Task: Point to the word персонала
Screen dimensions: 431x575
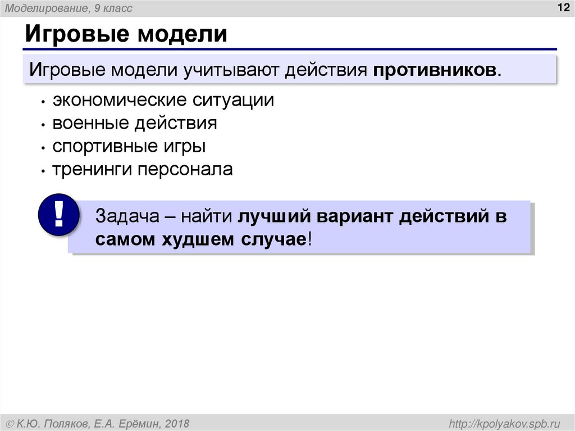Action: (x=185, y=170)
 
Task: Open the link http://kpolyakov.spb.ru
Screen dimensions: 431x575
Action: (x=503, y=423)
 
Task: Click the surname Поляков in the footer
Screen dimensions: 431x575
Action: (x=71, y=423)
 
